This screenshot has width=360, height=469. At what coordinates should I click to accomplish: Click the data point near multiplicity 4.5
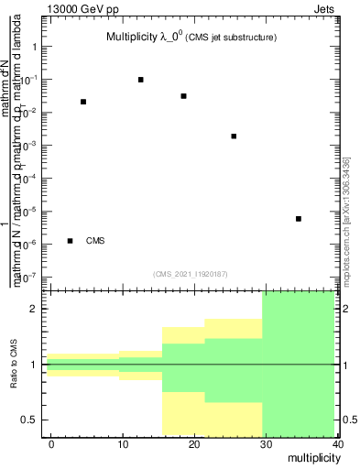click(x=83, y=102)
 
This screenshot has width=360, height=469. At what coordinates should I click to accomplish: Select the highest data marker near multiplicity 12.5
click(x=141, y=80)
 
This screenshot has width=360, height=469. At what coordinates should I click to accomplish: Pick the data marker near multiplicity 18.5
click(x=184, y=96)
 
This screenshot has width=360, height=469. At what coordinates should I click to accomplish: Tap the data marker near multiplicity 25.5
click(x=234, y=136)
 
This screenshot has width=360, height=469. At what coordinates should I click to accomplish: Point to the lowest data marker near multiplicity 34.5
click(x=299, y=219)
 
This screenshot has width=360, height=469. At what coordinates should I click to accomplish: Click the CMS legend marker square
click(x=71, y=241)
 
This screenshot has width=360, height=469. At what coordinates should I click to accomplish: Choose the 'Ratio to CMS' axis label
click(x=16, y=365)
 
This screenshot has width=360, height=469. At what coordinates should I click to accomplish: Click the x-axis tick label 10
click(x=123, y=443)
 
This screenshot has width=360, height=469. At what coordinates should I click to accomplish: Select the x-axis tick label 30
click(x=265, y=443)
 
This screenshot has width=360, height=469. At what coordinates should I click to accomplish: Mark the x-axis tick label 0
click(x=51, y=443)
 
